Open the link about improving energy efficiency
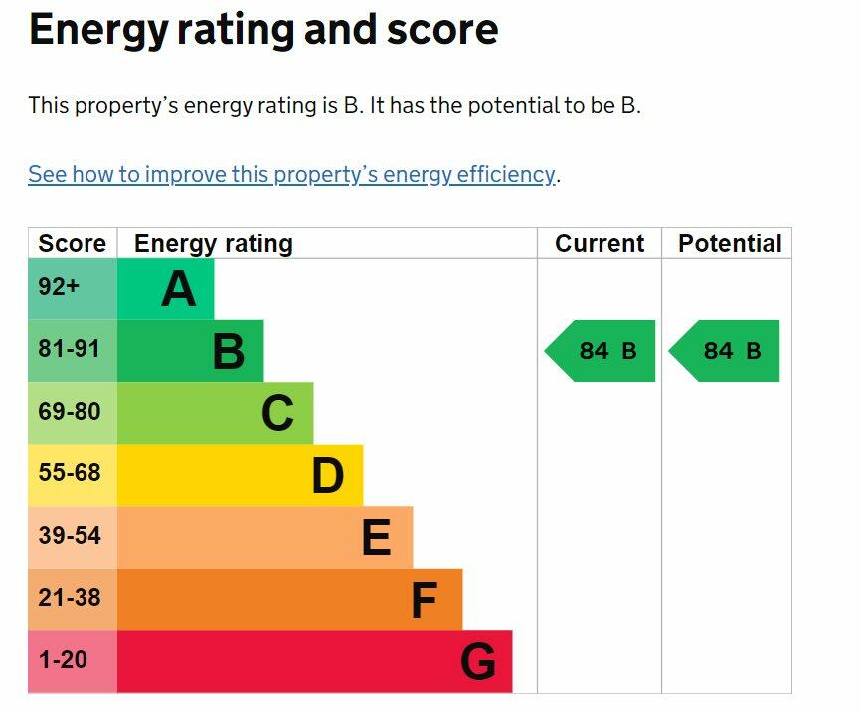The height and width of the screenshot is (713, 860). (291, 175)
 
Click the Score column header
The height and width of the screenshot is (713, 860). (72, 244)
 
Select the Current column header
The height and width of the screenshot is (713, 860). (600, 244)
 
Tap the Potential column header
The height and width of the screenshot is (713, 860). (730, 244)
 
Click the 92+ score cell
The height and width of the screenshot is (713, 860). (59, 288)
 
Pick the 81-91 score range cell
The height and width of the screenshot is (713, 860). (69, 350)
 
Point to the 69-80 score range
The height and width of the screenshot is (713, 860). (69, 412)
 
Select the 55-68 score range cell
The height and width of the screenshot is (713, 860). (69, 473)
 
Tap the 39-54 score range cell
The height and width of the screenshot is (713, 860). (69, 536)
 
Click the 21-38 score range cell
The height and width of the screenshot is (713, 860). (69, 598)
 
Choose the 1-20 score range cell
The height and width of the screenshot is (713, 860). (63, 659)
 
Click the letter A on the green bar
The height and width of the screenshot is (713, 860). (178, 289)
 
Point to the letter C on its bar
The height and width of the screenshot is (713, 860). (278, 414)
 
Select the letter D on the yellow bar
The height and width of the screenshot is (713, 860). (327, 476)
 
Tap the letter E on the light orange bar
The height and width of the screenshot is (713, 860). (376, 538)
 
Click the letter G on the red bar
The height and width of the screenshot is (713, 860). (478, 662)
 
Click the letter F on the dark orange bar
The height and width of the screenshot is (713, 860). (425, 601)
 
